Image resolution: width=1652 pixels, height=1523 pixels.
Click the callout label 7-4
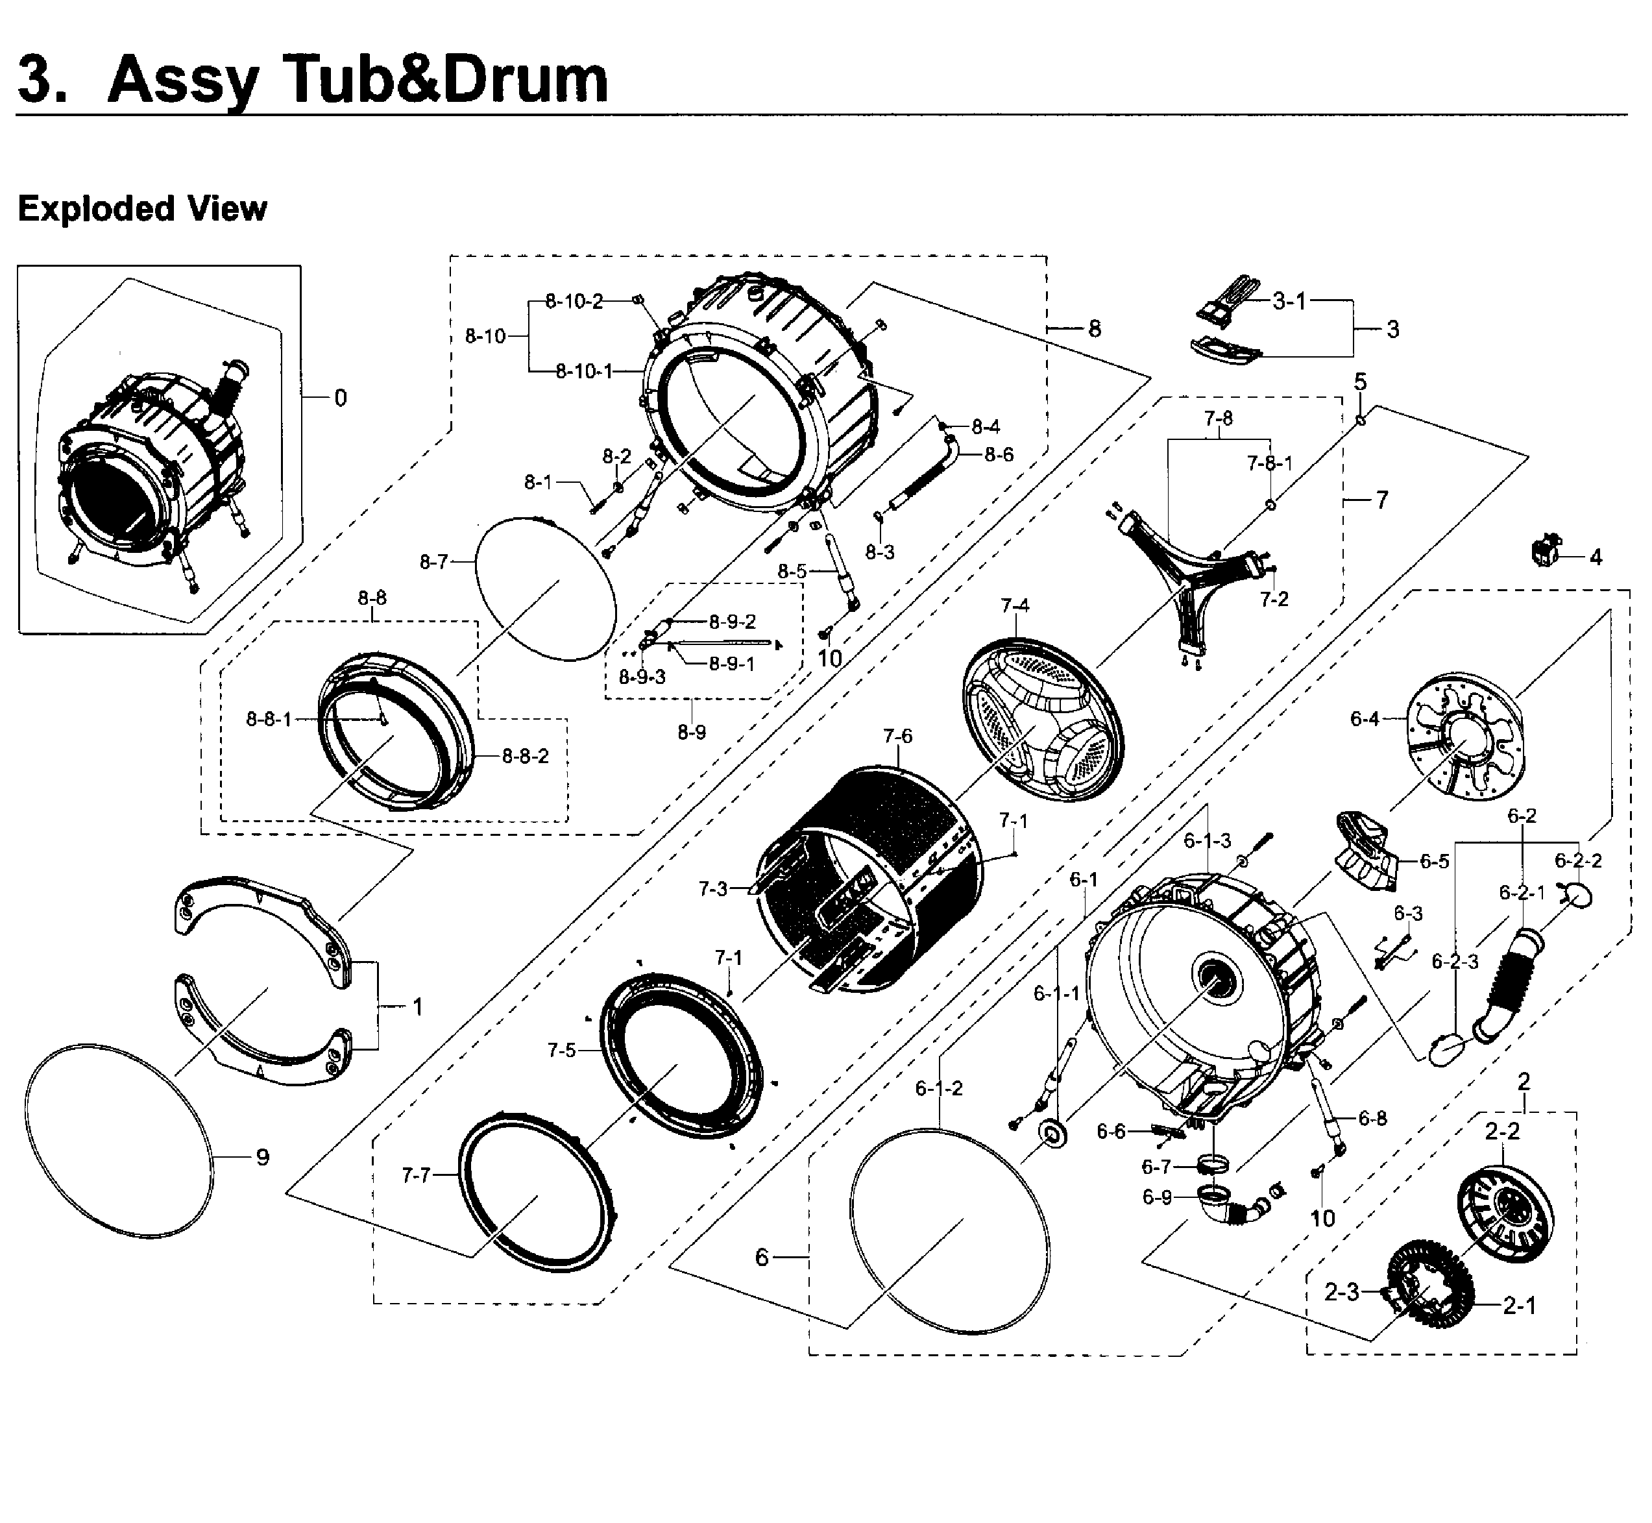pos(1014,605)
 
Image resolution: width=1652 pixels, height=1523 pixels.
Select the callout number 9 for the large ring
pos(262,1158)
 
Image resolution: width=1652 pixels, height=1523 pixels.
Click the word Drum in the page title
pos(526,80)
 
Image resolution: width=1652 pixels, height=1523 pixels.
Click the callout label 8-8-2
pos(525,756)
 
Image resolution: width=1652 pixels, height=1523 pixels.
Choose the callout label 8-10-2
pos(574,302)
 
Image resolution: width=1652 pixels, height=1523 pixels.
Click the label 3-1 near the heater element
pos(1289,302)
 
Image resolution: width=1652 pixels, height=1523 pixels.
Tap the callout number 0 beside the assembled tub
pos(340,398)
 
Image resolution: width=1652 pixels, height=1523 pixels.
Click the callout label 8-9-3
pos(642,677)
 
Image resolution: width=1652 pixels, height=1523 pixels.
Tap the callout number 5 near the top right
pos(1359,382)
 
